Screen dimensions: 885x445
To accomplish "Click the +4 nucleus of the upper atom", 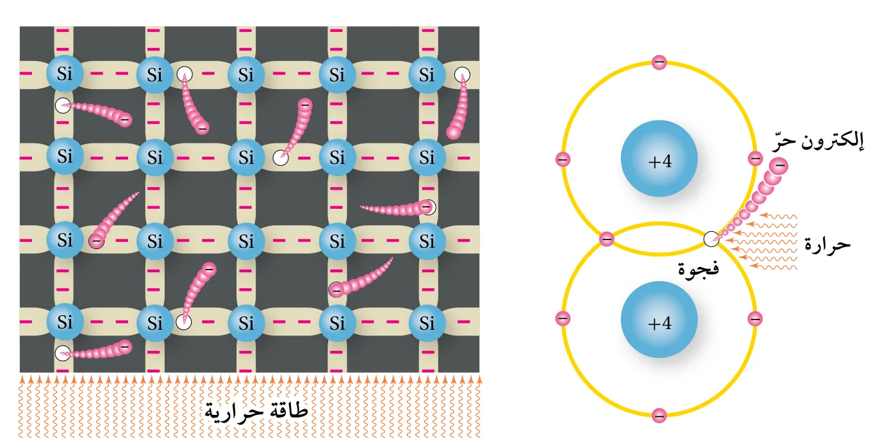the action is point(659,159).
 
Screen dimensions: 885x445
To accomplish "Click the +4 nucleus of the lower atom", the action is point(659,320).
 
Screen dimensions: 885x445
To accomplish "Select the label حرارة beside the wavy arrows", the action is point(827,245).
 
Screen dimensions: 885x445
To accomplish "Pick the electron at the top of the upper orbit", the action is point(659,62).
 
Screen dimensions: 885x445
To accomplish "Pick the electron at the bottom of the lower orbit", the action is point(659,416).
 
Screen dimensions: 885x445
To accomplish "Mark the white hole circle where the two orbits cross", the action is point(711,239).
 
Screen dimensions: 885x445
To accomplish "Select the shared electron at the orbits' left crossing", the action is point(607,239).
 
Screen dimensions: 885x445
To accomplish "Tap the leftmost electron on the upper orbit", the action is point(563,159).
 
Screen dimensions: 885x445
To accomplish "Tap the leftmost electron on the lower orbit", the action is point(563,318).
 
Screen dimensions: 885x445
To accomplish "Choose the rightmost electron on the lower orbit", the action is point(755,318).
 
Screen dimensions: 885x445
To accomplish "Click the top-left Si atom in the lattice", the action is point(65,74).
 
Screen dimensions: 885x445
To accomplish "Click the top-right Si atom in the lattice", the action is point(427,74).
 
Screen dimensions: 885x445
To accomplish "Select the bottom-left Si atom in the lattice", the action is point(65,322).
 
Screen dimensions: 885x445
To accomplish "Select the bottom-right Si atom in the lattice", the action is point(427,322).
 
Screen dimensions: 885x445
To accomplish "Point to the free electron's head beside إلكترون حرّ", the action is point(779,166).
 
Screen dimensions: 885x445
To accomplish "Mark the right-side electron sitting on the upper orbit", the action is point(756,159).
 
